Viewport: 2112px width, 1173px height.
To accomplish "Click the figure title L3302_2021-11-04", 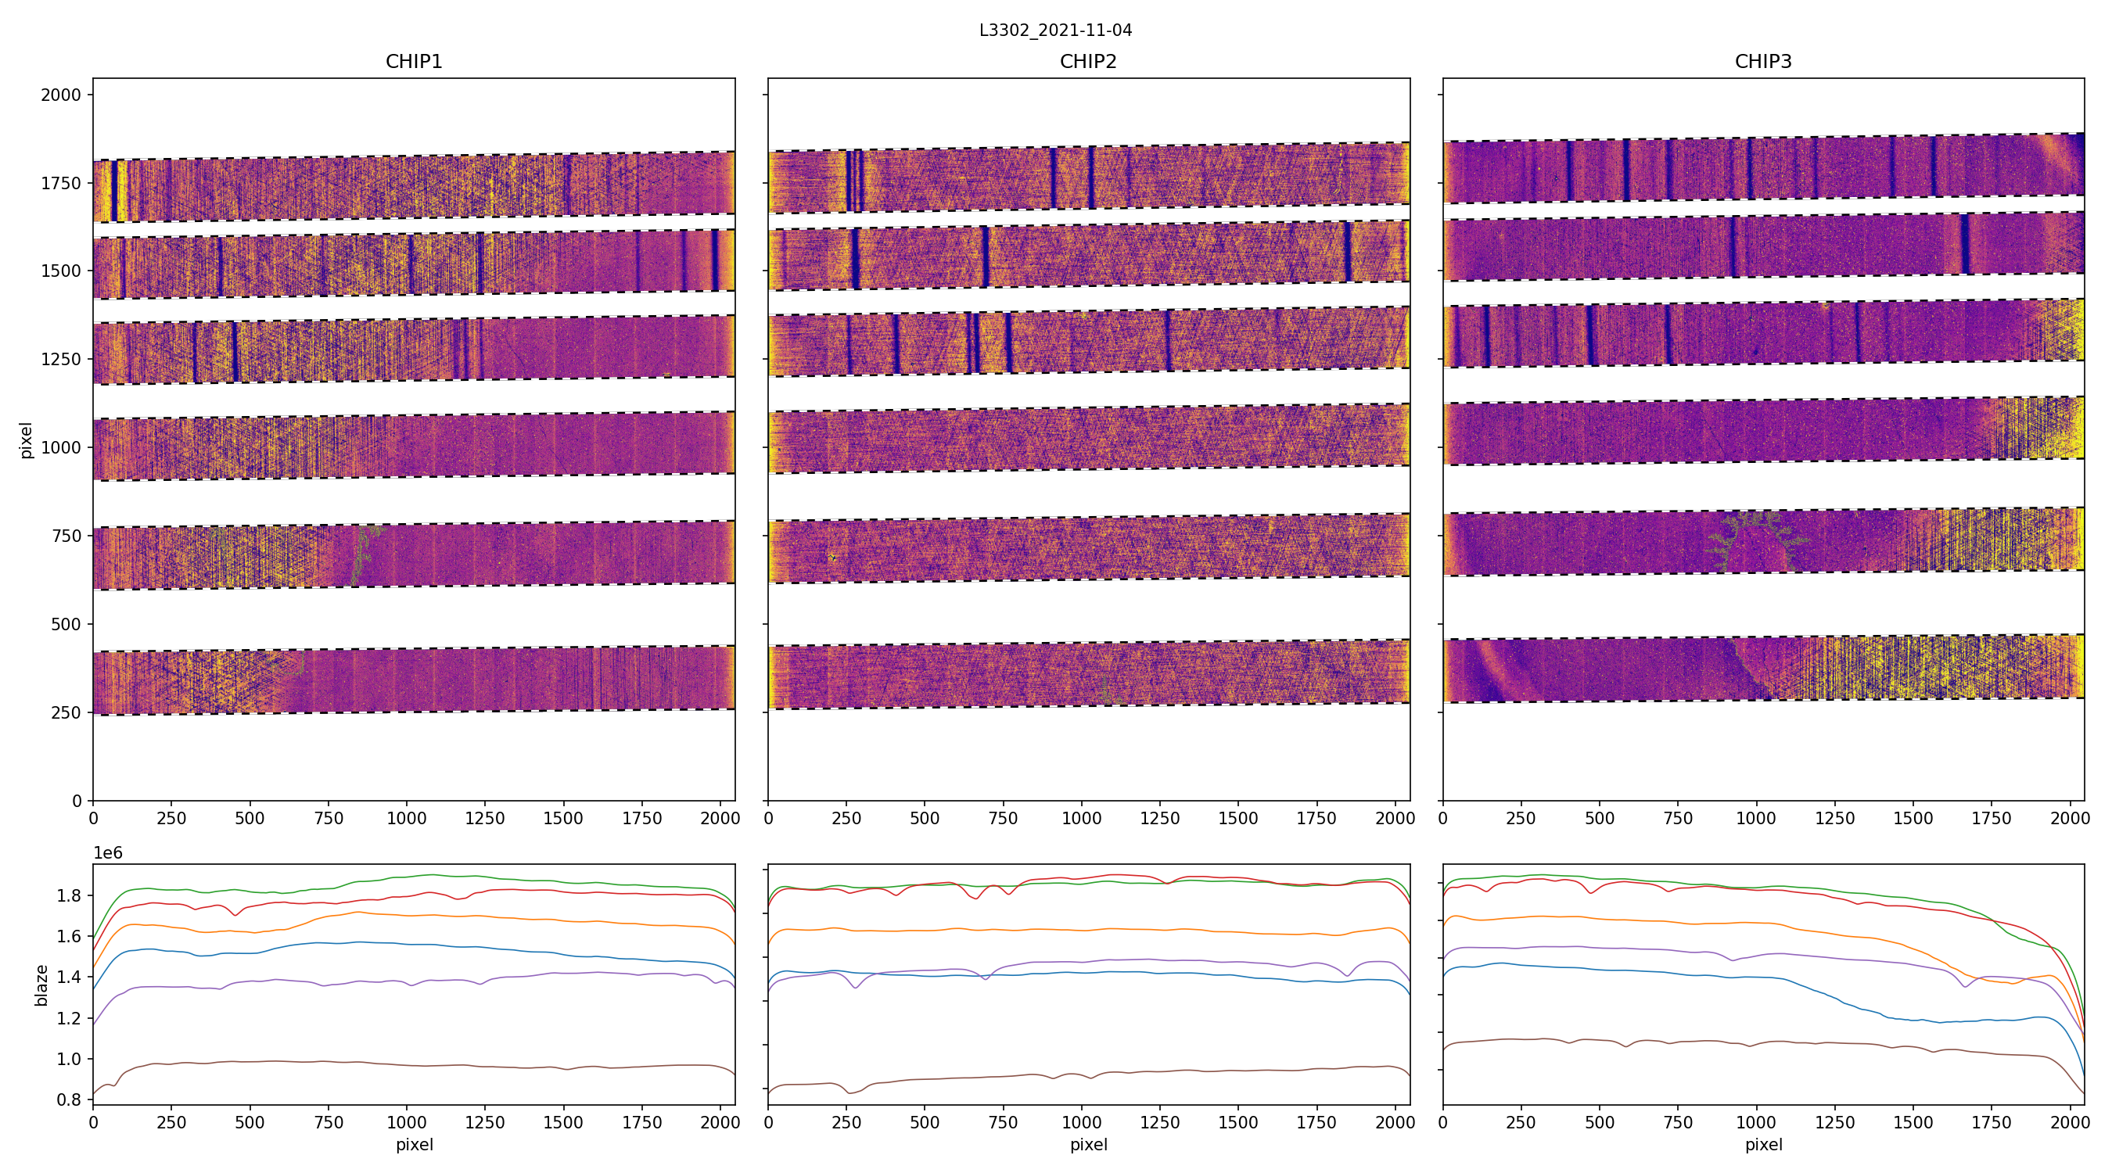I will click(x=1055, y=30).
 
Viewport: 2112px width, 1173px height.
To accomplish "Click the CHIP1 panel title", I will click(x=414, y=62).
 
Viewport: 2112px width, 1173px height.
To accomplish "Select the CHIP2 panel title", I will click(x=1088, y=62).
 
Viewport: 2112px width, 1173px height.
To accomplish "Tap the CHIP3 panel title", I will click(x=1762, y=62).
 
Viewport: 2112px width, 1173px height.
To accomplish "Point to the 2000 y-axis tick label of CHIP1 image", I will click(x=62, y=95).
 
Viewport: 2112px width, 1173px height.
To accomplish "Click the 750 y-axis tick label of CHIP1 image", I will click(x=66, y=536).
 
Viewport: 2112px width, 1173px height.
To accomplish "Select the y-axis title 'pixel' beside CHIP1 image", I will click(x=27, y=440).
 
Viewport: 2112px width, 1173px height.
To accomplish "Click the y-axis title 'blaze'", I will click(x=41, y=985).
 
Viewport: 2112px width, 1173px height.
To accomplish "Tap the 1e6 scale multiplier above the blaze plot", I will click(x=108, y=853).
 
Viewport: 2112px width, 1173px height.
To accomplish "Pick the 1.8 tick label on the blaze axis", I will click(x=70, y=896).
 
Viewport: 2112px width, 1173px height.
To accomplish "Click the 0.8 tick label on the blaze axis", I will click(x=70, y=1100).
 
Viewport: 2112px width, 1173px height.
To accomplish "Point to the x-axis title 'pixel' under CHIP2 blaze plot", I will click(x=1088, y=1144).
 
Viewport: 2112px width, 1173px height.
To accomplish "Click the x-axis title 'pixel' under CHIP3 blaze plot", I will click(x=1762, y=1144).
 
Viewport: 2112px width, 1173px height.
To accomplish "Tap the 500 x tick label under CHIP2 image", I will click(x=925, y=818).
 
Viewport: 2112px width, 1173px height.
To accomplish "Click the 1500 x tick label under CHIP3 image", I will click(x=1913, y=818).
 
